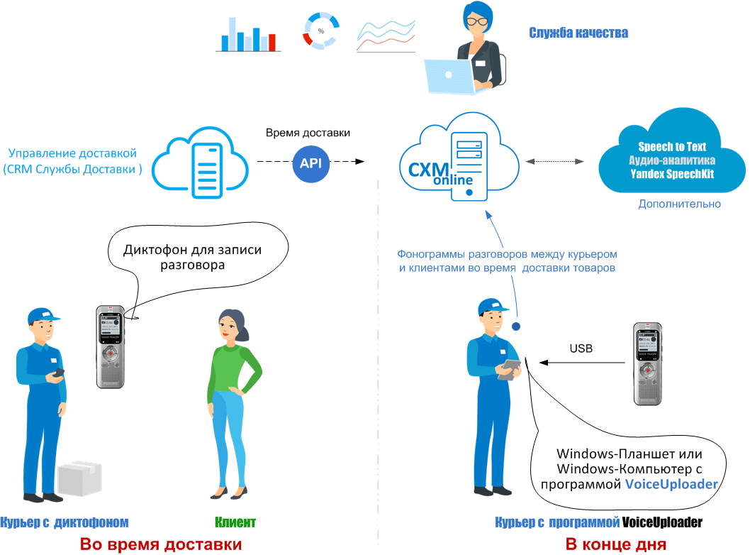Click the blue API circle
click(x=310, y=163)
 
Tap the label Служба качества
click(x=578, y=33)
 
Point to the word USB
click(x=581, y=348)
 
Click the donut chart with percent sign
click(x=320, y=31)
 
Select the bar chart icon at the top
click(x=245, y=35)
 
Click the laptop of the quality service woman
click(x=448, y=76)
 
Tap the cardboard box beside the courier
click(x=79, y=479)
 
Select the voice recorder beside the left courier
click(x=110, y=346)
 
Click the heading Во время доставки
click(x=161, y=544)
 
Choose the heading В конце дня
click(x=615, y=544)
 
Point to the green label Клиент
click(x=235, y=522)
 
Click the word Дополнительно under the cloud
click(x=679, y=204)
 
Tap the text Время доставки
click(x=308, y=133)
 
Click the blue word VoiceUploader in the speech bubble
click(x=671, y=484)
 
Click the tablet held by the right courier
click(x=508, y=369)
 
